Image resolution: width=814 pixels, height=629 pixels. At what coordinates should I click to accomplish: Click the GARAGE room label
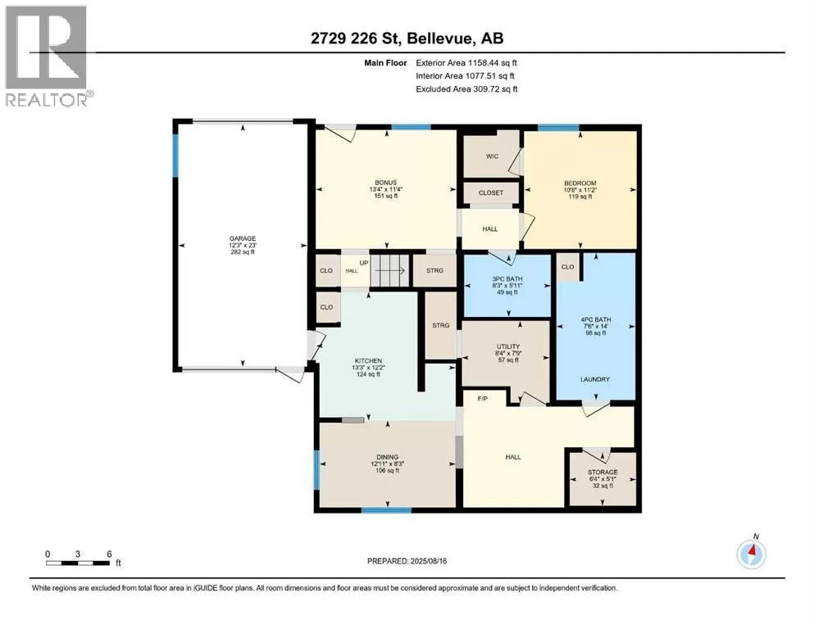click(x=243, y=238)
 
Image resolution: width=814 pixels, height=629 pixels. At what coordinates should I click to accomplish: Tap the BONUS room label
click(x=386, y=183)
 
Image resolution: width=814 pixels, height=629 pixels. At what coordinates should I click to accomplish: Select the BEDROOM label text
click(x=580, y=183)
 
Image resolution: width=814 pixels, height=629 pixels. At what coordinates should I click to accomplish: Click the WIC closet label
click(x=492, y=156)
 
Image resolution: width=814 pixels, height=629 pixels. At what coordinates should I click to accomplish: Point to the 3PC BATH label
click(x=507, y=279)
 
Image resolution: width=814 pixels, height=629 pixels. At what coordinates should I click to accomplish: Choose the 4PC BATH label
click(x=595, y=320)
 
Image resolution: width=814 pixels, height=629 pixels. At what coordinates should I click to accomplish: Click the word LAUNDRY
click(x=595, y=379)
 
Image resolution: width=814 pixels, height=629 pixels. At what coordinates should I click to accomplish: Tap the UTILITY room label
click(x=507, y=346)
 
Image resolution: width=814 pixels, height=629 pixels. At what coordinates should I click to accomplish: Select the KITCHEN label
click(x=368, y=361)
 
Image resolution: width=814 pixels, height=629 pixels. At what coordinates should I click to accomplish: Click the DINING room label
click(x=387, y=457)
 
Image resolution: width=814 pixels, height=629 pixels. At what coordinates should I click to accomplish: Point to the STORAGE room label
click(x=603, y=473)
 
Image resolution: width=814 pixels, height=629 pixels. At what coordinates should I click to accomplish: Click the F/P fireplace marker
click(x=482, y=399)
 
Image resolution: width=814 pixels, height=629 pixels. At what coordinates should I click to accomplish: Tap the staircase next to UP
click(x=390, y=270)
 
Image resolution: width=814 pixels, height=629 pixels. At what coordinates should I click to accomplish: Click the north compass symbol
click(x=751, y=554)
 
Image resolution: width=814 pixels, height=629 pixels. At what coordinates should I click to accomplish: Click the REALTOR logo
click(x=48, y=56)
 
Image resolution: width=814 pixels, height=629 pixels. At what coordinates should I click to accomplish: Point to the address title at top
click(x=407, y=38)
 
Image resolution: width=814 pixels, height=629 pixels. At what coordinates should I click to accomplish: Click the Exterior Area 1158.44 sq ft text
click(x=466, y=63)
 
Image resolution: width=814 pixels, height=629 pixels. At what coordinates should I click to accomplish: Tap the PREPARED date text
click(x=407, y=561)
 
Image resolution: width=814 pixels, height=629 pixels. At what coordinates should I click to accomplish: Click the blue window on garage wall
click(x=175, y=155)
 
